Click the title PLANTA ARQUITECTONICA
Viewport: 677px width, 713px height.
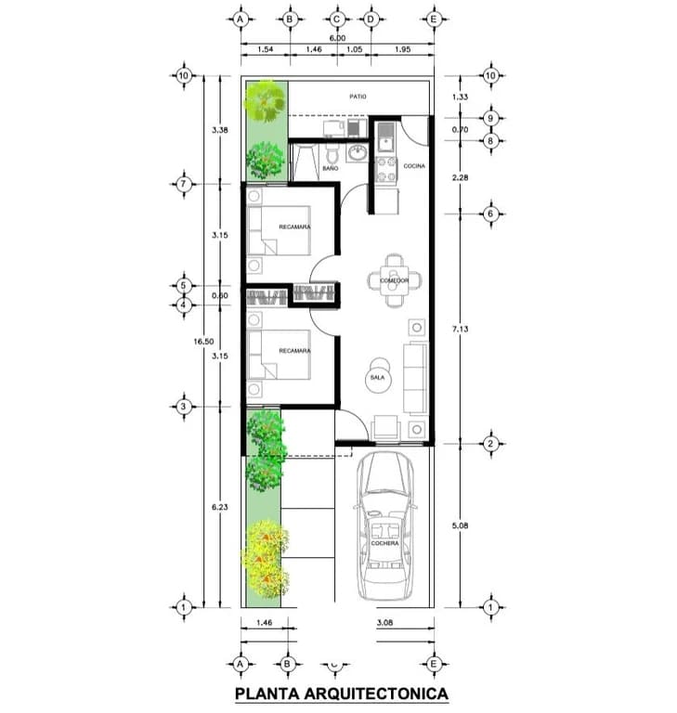pos(341,693)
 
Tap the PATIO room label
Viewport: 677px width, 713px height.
pos(357,96)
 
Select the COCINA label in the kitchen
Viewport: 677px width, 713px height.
pos(414,165)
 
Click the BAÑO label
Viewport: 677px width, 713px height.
pos(330,169)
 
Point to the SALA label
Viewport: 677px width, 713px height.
pos(378,378)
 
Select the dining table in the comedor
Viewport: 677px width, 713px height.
pos(395,279)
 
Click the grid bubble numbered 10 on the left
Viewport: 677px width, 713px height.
pos(184,75)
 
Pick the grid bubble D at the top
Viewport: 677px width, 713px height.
pos(371,18)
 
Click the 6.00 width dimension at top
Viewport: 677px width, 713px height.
pos(336,37)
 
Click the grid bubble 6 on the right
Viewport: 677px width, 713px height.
pos(490,214)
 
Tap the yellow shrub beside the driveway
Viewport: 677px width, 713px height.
pos(265,559)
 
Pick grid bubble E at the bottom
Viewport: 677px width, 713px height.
pos(433,664)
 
